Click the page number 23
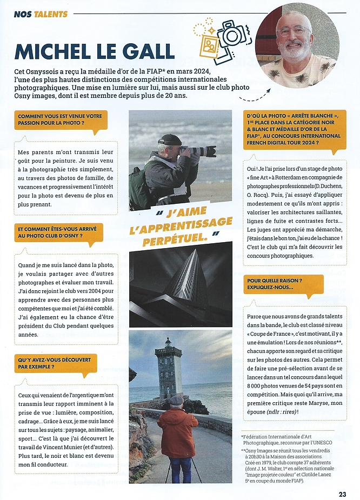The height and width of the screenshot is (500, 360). tap(342, 494)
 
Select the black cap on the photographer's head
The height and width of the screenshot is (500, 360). tap(169, 139)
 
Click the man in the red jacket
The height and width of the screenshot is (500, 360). tap(177, 432)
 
